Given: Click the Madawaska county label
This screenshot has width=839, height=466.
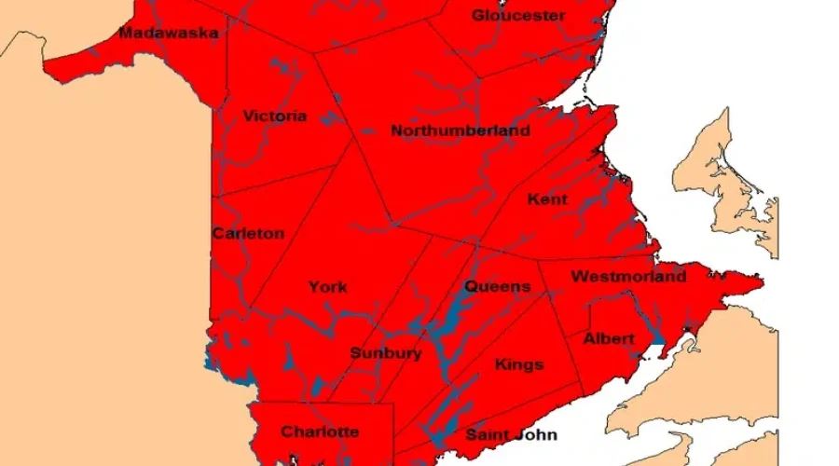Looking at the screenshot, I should click(169, 34).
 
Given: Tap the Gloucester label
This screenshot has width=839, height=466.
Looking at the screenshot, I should click(518, 15).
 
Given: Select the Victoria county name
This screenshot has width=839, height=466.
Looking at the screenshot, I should click(274, 116).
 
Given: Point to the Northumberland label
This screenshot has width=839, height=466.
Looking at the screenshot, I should click(461, 131).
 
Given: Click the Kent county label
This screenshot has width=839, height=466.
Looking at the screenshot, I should click(547, 199).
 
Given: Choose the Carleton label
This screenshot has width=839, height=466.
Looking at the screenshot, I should click(248, 234).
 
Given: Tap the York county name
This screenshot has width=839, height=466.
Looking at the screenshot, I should click(328, 287).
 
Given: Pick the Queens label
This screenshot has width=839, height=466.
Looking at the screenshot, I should click(497, 287).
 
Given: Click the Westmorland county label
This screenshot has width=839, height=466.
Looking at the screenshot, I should click(628, 277).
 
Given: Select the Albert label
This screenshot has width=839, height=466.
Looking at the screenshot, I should click(609, 339).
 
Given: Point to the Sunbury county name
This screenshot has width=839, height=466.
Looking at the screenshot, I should click(386, 354).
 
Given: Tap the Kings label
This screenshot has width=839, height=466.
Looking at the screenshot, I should click(519, 364).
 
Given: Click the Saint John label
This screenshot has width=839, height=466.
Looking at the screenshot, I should click(511, 435).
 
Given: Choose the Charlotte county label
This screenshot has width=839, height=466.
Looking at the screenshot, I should click(320, 432).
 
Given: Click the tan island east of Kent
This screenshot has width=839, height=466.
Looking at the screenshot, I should click(728, 177).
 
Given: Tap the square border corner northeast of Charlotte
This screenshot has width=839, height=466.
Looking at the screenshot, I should click(393, 405).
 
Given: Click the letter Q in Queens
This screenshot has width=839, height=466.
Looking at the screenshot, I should click(472, 287).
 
